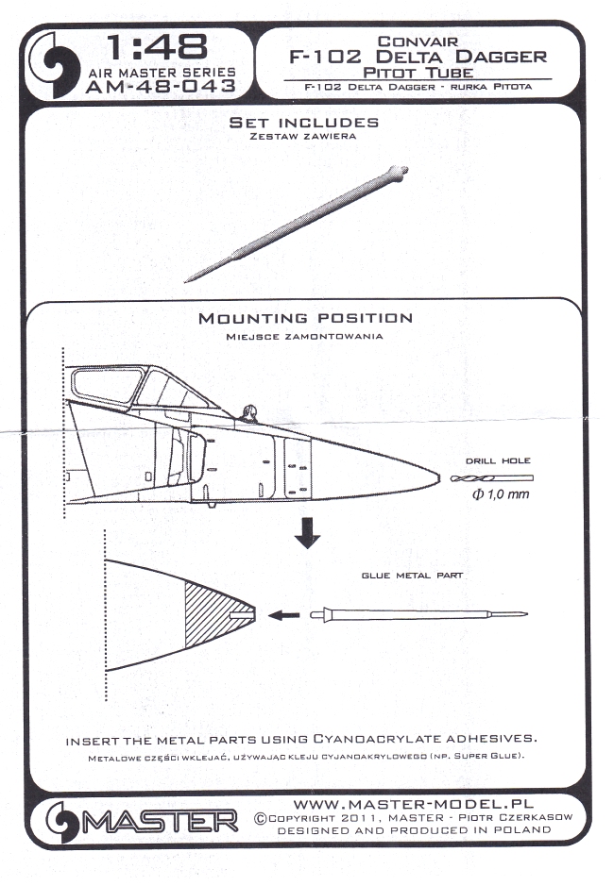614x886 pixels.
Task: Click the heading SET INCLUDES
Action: (x=305, y=123)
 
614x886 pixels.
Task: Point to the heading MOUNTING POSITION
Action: (x=305, y=319)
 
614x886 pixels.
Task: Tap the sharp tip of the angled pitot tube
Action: (x=187, y=279)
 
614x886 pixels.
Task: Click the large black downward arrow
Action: (x=307, y=533)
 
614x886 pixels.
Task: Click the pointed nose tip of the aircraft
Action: (x=436, y=476)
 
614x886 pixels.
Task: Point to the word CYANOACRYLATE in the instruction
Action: (x=377, y=740)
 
